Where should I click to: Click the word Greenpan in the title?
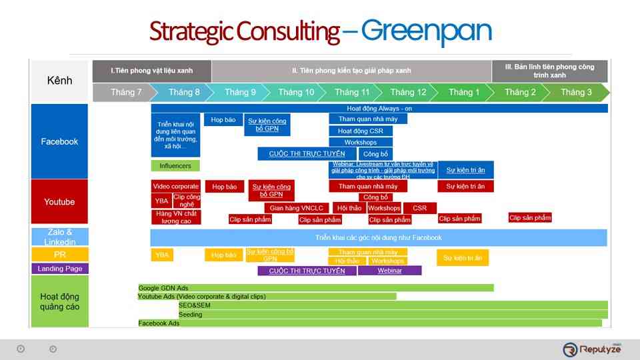point(427,31)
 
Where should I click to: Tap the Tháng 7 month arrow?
point(125,92)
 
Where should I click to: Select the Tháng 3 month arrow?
point(576,92)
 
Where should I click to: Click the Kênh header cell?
point(59,81)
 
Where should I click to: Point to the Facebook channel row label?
point(59,141)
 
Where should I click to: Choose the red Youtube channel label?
point(59,201)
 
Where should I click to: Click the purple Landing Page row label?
point(59,268)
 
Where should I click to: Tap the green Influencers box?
point(175,166)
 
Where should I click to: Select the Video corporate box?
point(175,187)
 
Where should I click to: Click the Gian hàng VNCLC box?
point(296,208)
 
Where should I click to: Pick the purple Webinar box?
point(390,271)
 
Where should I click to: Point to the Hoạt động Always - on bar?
point(379,108)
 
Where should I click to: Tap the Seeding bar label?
point(191,314)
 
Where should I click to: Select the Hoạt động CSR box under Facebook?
point(361,131)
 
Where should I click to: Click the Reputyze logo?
point(592,349)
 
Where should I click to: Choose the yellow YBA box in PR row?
point(163,255)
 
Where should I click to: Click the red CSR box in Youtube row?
point(419,208)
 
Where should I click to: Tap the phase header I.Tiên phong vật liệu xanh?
point(151,71)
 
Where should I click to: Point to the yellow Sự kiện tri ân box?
point(463,257)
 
